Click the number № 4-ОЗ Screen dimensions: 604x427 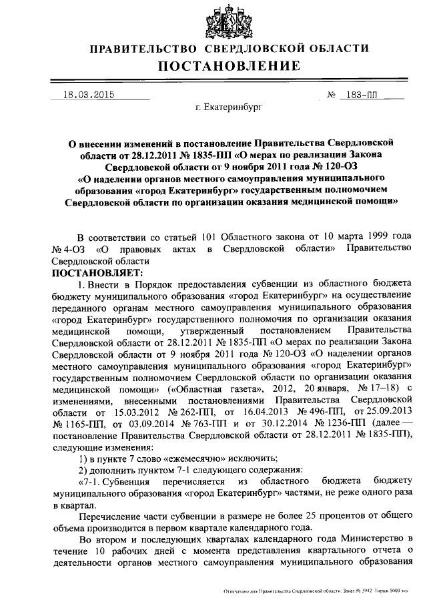tap(67, 248)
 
